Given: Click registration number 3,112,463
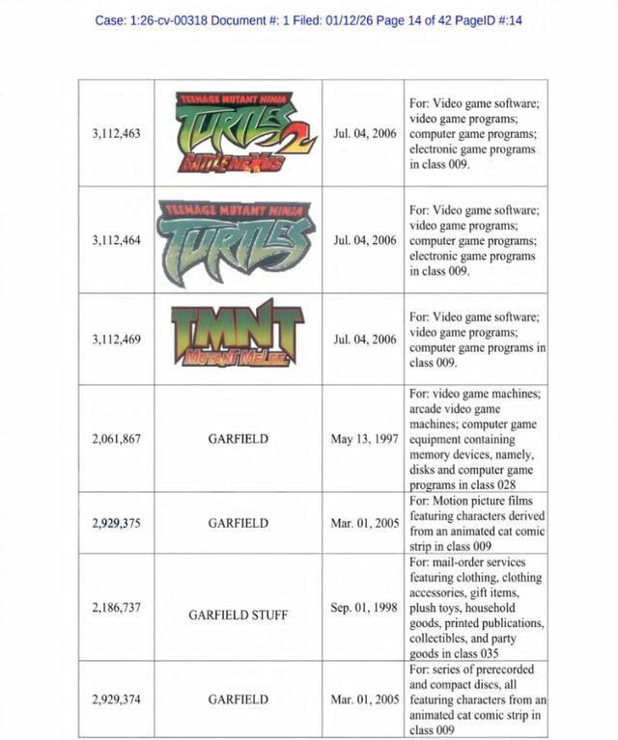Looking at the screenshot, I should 116,133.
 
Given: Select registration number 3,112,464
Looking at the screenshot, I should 116,239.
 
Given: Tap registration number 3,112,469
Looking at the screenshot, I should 116,340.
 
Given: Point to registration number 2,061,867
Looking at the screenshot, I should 116,439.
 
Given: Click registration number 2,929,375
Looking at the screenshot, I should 116,523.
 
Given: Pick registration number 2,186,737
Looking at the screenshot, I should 116,608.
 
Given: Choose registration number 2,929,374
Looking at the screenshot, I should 116,699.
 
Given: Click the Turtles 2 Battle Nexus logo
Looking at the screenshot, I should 238,133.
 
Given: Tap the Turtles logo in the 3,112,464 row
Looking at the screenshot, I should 238,236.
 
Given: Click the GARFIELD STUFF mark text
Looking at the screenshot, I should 238,614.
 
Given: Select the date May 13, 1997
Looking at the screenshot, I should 363,439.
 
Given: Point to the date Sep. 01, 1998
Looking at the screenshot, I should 364,608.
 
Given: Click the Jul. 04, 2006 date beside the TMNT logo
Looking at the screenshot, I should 365,340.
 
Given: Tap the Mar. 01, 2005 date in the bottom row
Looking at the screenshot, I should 364,699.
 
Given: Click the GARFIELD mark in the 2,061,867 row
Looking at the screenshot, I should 238,439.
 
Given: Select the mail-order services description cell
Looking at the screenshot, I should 476,608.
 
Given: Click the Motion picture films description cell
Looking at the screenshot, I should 476,523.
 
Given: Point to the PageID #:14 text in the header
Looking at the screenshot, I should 492,20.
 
